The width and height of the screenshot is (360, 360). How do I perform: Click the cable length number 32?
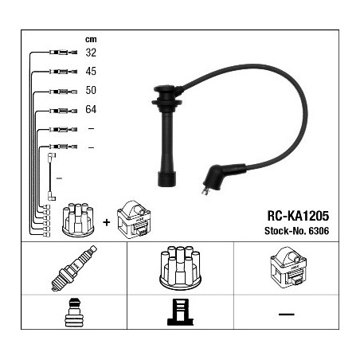91,53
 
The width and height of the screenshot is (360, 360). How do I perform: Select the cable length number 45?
91,71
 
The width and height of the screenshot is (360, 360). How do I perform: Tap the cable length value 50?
91,90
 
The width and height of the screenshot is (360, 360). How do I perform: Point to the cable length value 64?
91,109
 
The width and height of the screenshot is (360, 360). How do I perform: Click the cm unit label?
91,39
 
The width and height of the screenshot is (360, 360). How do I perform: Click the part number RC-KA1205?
298,216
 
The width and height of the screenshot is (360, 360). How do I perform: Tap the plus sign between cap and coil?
107,222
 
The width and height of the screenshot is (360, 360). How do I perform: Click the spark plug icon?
74,268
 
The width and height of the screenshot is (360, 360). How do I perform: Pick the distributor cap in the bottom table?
180,268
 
